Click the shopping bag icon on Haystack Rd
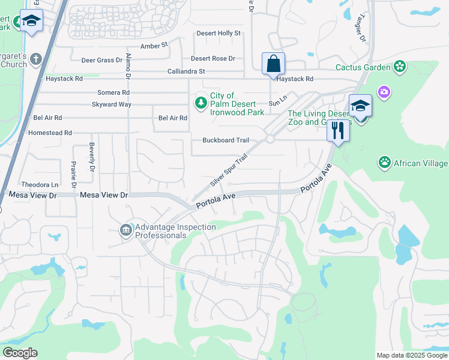(x=273, y=64)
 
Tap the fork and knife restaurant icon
(x=338, y=130)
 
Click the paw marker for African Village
(x=384, y=162)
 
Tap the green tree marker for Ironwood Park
(x=200, y=104)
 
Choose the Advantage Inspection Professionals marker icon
(x=126, y=230)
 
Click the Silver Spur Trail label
(x=229, y=170)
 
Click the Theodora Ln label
(x=40, y=185)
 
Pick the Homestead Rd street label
(x=50, y=133)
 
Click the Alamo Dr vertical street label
(x=128, y=66)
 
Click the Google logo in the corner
(x=20, y=353)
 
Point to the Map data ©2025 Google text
(x=411, y=355)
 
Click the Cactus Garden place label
(x=363, y=67)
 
